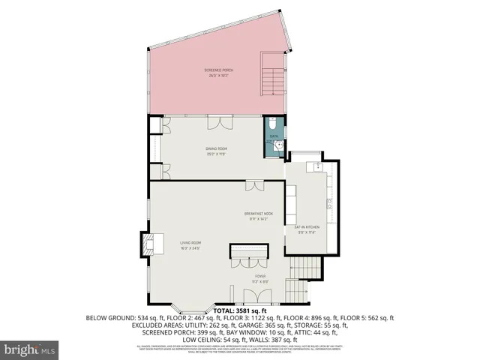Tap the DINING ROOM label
point(217,150)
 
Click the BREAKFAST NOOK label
point(258,215)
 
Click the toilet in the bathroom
point(274,124)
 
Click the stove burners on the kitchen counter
point(329,202)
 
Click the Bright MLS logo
point(30,349)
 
